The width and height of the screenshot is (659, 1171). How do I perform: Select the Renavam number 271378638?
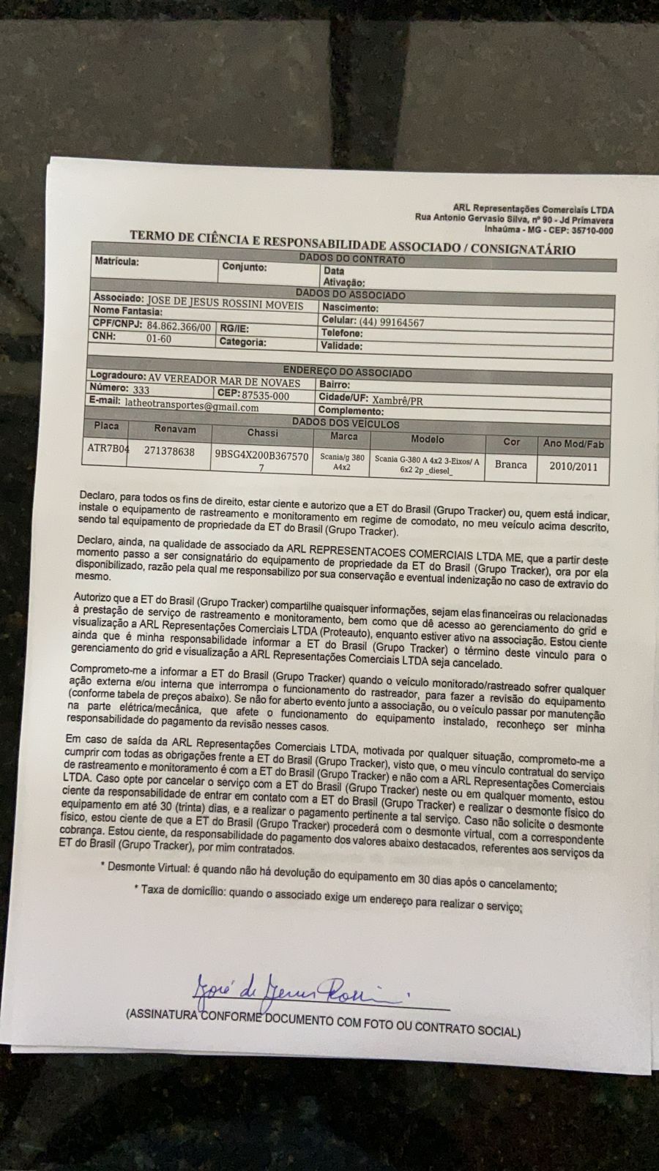(x=169, y=452)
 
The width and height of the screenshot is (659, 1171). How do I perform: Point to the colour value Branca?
(x=510, y=465)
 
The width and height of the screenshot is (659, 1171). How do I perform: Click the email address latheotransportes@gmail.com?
(x=191, y=407)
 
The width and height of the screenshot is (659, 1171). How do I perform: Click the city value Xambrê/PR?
(x=398, y=401)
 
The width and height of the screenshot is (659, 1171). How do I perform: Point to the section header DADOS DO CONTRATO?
(x=351, y=259)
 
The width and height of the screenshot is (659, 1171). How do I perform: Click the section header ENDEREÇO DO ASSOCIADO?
(x=347, y=372)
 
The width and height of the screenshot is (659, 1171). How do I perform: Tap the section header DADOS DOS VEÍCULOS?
(x=346, y=423)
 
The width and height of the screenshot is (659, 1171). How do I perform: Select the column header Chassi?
(x=262, y=433)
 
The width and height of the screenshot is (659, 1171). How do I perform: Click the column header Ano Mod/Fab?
(x=573, y=444)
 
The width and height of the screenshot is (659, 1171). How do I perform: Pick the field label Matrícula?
(x=116, y=261)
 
